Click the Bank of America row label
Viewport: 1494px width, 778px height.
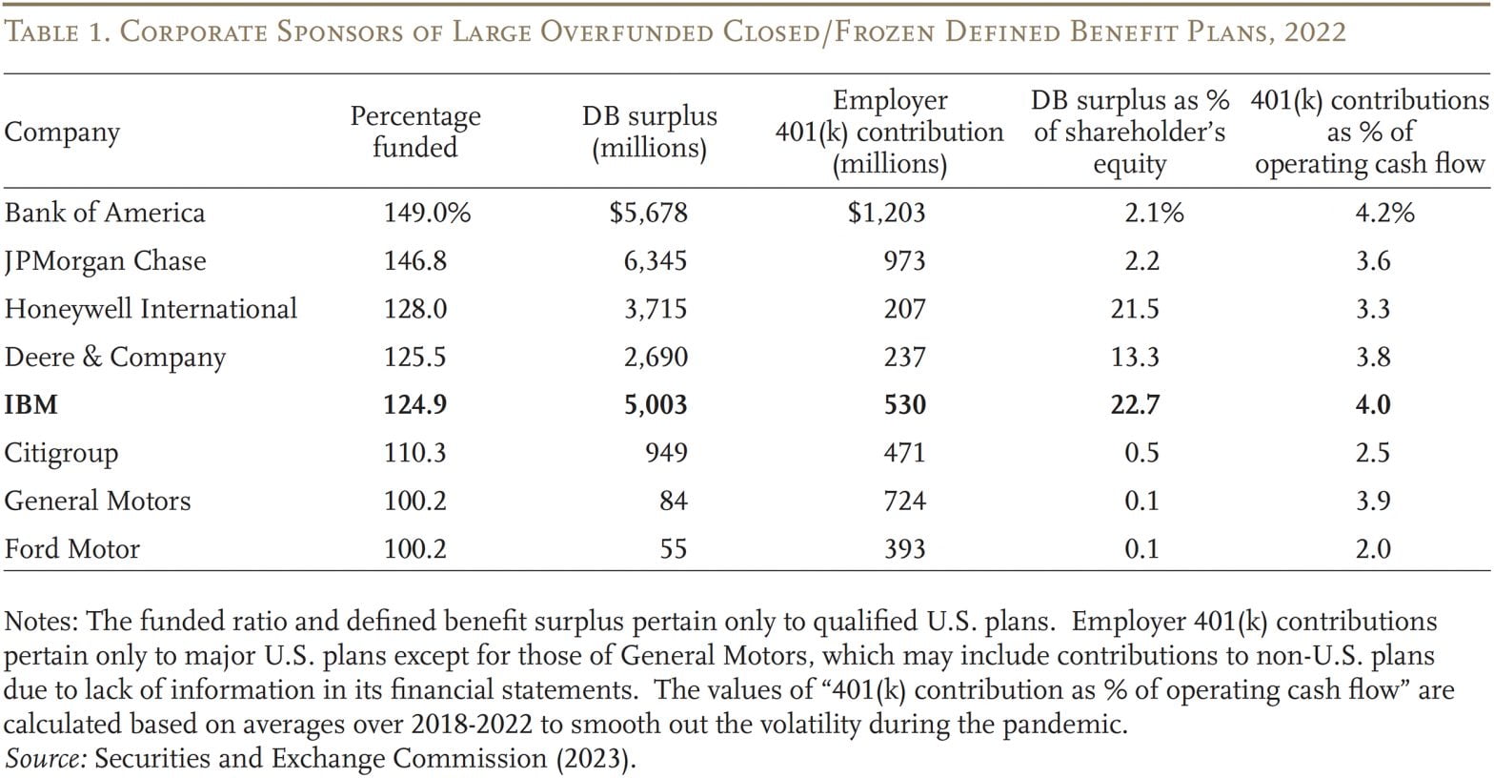104,212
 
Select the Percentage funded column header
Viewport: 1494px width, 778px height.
414,132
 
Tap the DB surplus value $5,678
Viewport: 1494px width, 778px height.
648,212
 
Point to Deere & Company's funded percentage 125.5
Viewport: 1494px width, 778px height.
414,357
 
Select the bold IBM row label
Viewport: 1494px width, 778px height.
31,404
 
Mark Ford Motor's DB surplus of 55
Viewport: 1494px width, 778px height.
673,548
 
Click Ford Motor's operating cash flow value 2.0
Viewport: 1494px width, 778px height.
1373,548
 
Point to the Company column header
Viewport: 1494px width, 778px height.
62,133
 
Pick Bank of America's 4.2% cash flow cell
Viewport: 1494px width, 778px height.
1384,212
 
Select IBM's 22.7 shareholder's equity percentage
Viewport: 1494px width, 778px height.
1141,404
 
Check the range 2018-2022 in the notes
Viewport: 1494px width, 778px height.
472,725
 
